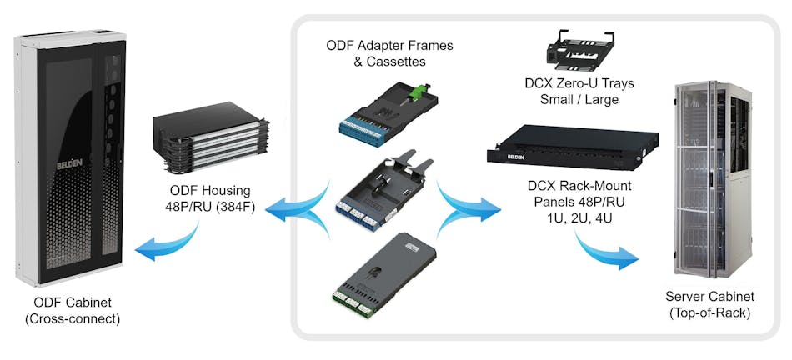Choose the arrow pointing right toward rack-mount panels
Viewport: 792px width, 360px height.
click(468, 204)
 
